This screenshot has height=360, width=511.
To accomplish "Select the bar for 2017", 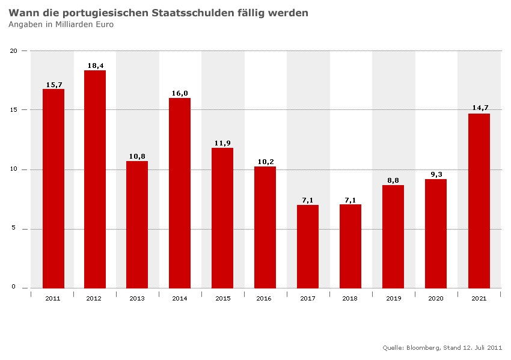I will (x=308, y=246).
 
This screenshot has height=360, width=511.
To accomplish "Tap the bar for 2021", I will (x=479, y=201).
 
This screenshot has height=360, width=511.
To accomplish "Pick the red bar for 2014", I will (x=180, y=193).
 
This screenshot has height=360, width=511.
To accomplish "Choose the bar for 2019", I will (x=393, y=237).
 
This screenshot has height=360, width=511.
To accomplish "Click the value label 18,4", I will (x=96, y=65).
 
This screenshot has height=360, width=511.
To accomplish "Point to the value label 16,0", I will (x=180, y=93).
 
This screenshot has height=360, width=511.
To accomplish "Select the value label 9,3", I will (x=436, y=174).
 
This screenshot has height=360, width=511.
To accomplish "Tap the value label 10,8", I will (x=138, y=156).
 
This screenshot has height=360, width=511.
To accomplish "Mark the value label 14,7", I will (x=480, y=108).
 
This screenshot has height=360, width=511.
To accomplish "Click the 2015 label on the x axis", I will (x=222, y=298).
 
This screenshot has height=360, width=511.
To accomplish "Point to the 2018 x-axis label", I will (x=350, y=298).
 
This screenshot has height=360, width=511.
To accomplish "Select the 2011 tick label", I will (x=52, y=298).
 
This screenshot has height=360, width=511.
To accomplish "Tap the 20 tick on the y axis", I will (x=14, y=50).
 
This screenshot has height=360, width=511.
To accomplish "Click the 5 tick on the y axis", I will (x=16, y=229).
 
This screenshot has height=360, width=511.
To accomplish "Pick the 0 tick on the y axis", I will (x=16, y=287).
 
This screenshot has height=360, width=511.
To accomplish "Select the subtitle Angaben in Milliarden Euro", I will (x=61, y=25).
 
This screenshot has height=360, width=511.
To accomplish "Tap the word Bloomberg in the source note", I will (x=423, y=347).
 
